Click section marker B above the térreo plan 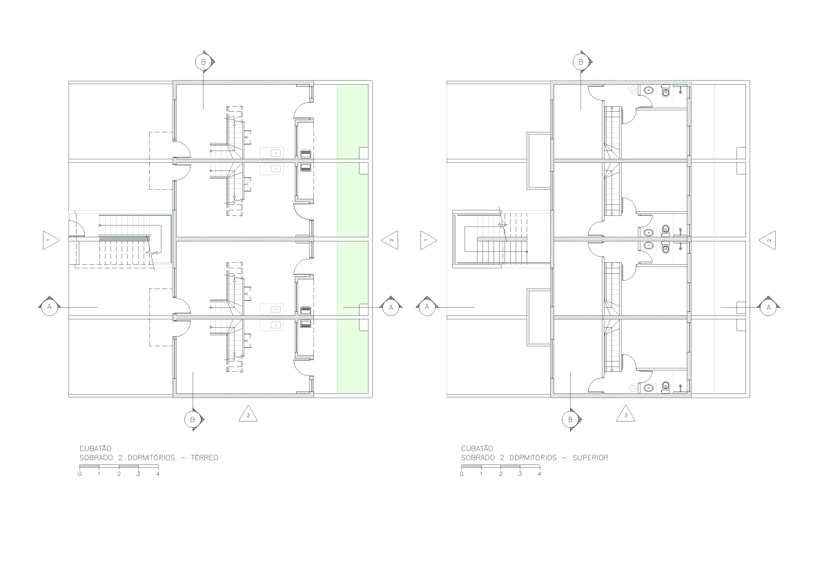204,62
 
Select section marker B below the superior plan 570,420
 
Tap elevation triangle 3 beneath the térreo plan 248,415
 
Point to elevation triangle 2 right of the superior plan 767,240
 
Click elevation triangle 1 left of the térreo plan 50,240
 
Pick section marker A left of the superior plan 427,306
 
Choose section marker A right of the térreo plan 391,308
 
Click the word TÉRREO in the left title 204,457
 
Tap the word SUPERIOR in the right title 590,457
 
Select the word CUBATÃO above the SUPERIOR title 477,449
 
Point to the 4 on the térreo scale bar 158,474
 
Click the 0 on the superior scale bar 462,474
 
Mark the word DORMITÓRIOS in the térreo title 152,457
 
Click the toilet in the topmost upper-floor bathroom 666,90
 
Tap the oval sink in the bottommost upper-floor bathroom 649,388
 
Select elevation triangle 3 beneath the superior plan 625,415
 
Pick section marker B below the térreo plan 193,420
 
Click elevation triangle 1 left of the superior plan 428,240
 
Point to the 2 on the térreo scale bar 119,474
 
